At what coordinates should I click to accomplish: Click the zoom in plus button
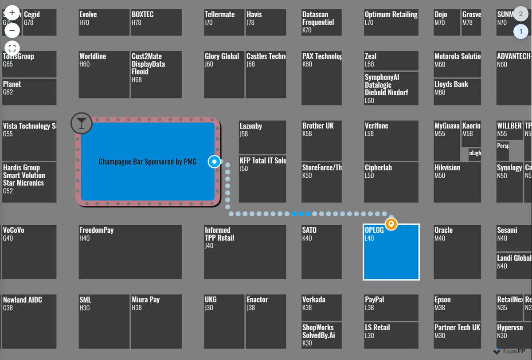12,13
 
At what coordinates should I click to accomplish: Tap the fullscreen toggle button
12,48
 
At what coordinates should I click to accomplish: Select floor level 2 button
520,13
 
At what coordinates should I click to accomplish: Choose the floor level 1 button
520,32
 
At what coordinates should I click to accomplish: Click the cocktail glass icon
81,123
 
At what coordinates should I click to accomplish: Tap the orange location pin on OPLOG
391,224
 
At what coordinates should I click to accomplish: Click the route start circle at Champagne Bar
215,162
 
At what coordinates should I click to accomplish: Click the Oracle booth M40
457,252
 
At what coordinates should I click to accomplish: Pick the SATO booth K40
321,252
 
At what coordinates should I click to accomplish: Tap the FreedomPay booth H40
130,252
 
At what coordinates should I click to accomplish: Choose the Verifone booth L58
391,141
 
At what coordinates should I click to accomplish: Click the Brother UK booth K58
321,141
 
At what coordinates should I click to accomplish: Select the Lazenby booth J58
262,137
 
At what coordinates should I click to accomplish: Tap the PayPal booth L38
391,307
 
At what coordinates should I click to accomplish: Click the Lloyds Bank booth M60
457,92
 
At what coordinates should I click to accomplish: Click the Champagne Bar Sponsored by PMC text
147,162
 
